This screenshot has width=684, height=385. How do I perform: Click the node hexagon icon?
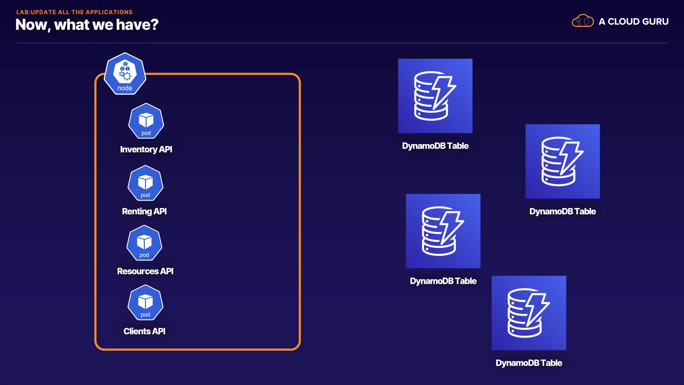[x=125, y=73]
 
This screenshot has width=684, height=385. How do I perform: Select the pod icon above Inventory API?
[x=146, y=121]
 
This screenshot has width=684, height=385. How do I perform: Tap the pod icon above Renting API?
[x=145, y=183]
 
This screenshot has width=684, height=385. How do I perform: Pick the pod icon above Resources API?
[x=144, y=243]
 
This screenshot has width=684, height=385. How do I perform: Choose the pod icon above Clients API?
[x=145, y=302]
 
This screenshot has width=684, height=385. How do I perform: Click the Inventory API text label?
[x=146, y=149]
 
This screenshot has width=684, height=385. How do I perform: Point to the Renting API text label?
[x=144, y=211]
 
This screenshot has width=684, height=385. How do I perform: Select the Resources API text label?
[x=145, y=271]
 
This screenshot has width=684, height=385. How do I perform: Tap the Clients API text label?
[x=144, y=331]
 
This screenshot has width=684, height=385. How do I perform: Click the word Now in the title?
[x=31, y=25]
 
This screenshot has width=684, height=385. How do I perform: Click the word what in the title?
[x=72, y=25]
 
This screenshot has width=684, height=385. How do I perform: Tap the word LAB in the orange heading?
[x=22, y=12]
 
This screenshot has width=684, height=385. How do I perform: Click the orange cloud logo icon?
[x=582, y=21]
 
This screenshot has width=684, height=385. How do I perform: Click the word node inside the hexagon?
[x=125, y=88]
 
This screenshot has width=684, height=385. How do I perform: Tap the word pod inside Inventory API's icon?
[x=146, y=133]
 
